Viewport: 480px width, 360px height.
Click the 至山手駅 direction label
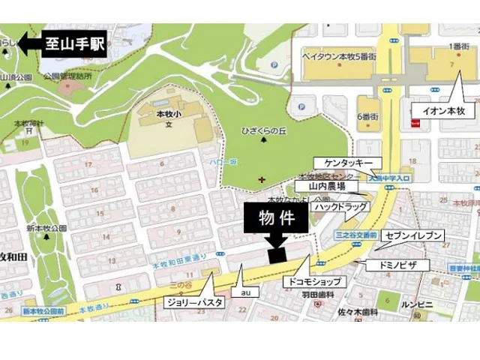click(x=75, y=43)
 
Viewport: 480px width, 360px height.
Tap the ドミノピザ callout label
click(x=397, y=265)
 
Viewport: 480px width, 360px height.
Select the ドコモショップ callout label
click(x=313, y=282)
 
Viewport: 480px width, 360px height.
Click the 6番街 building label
click(x=367, y=116)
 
